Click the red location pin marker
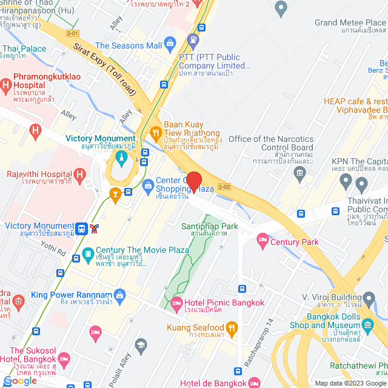[193, 181]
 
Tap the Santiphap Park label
[210, 227]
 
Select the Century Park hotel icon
[262, 241]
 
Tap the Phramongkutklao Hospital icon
[6, 85]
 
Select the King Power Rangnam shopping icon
[119, 295]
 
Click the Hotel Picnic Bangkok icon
[177, 303]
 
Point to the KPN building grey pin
[346, 180]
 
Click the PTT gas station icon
[193, 42]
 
